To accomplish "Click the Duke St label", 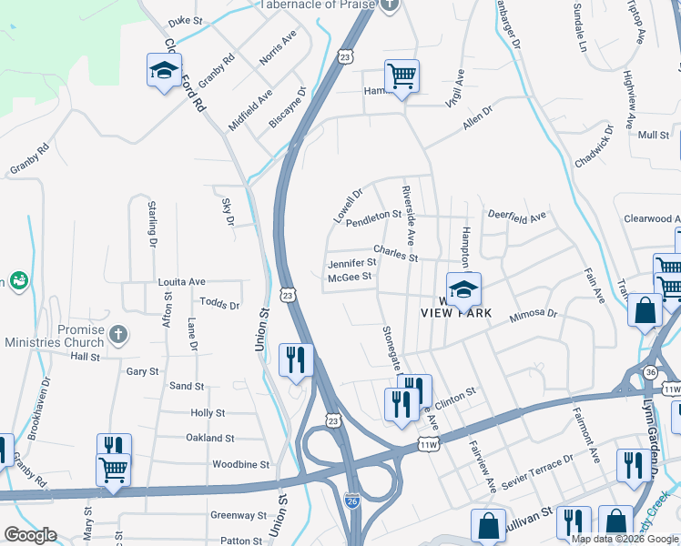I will click(185, 20).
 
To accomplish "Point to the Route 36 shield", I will click(649, 372).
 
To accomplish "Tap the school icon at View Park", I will click(463, 290).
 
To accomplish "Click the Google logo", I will click(30, 535).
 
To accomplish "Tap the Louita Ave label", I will click(182, 282).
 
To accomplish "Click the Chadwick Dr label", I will click(595, 149).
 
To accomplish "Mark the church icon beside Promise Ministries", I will click(117, 335).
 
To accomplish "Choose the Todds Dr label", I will click(219, 304).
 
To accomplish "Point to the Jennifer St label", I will click(351, 263).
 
